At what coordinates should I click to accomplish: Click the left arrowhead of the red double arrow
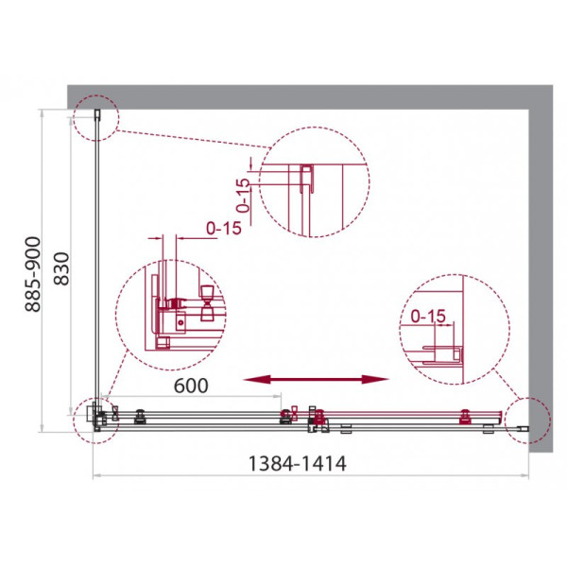(249, 380)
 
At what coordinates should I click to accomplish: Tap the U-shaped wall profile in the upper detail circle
(305, 180)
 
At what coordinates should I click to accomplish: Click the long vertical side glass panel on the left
(95, 265)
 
